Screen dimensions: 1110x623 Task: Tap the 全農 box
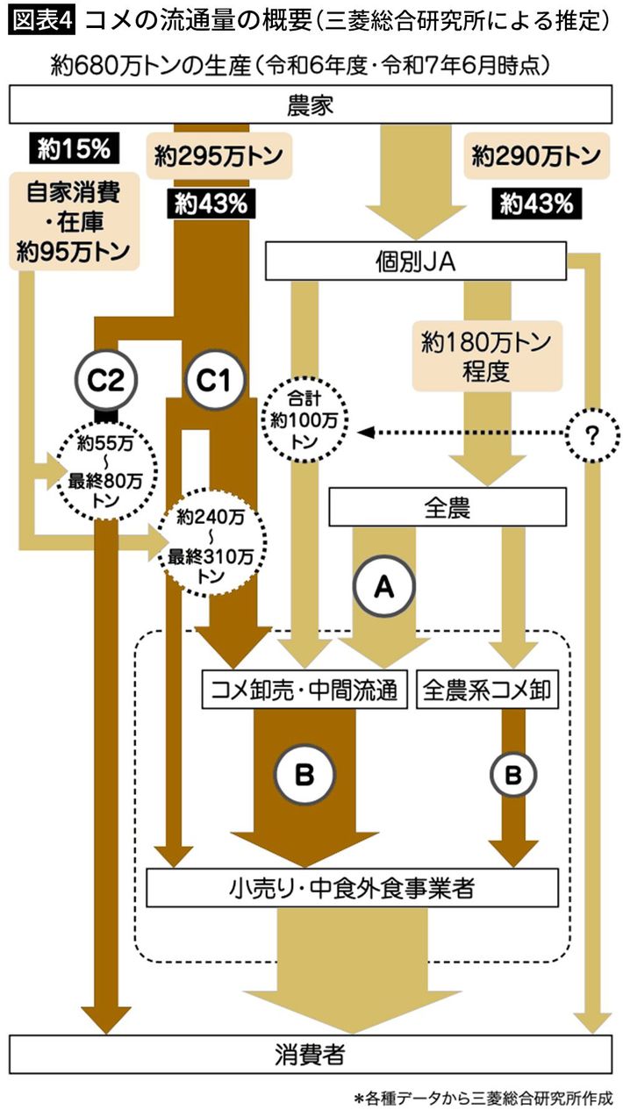[447, 508]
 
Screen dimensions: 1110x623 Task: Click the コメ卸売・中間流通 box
[304, 690]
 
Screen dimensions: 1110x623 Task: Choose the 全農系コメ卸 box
[488, 690]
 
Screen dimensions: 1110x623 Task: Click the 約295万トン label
[218, 158]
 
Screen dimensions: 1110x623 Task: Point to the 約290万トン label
[535, 158]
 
